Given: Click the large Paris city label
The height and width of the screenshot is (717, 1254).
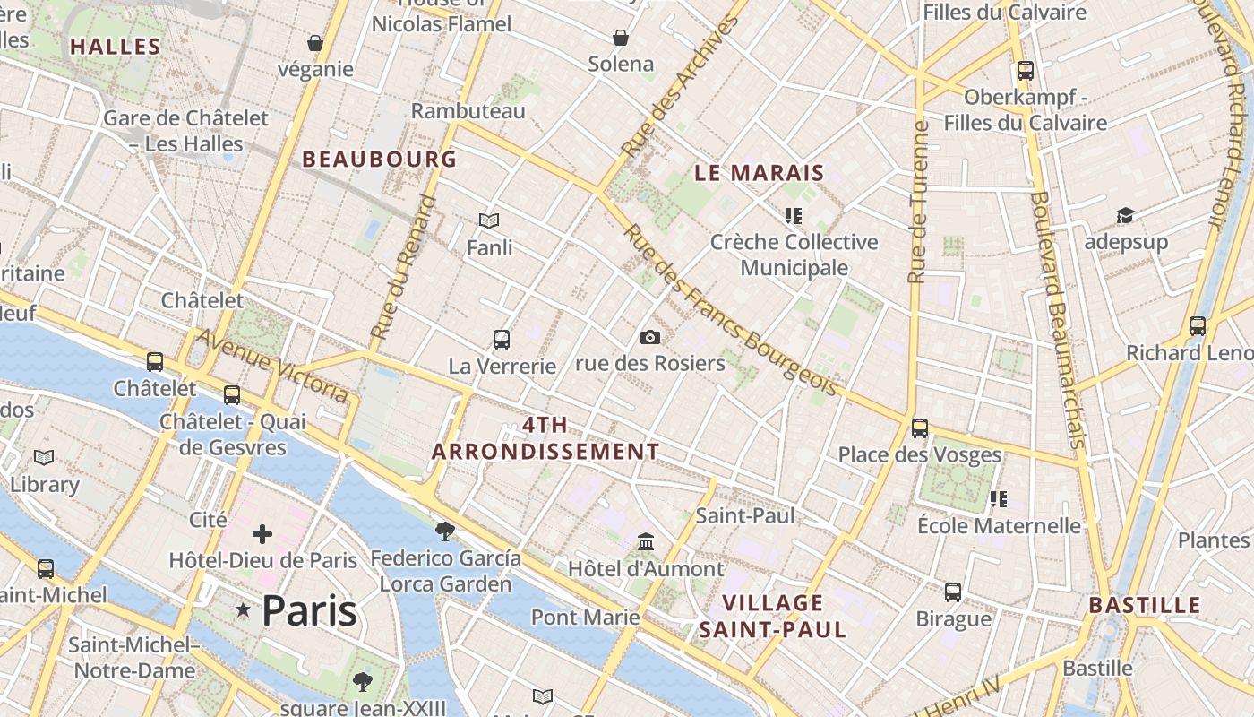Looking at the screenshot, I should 309,611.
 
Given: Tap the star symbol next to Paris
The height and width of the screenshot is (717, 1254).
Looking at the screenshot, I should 243,609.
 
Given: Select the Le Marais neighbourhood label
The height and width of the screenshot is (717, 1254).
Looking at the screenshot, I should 759,173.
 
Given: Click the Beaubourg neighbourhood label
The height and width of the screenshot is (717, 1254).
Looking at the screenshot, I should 379,160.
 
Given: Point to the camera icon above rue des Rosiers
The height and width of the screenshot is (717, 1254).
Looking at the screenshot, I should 650,337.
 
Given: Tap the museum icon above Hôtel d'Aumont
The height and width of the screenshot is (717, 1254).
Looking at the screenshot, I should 646,542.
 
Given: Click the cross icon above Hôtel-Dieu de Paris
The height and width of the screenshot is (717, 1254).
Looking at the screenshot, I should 262,534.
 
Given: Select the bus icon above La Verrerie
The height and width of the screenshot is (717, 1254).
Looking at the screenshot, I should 502,340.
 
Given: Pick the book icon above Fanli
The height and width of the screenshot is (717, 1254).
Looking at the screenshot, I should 488,220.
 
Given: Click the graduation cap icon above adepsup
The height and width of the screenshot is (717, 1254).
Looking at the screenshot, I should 1125,215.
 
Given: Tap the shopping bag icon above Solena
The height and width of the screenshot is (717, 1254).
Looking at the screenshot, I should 621,38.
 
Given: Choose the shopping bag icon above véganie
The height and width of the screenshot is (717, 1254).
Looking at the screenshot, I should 315,43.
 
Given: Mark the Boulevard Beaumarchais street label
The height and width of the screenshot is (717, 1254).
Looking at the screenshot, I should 1057,319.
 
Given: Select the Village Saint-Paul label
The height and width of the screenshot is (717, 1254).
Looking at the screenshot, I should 772,616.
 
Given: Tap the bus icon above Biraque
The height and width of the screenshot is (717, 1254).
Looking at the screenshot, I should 953,592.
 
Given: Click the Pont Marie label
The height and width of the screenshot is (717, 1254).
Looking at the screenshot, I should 585,618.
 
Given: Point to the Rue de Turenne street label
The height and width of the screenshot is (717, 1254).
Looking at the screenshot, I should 916,203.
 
